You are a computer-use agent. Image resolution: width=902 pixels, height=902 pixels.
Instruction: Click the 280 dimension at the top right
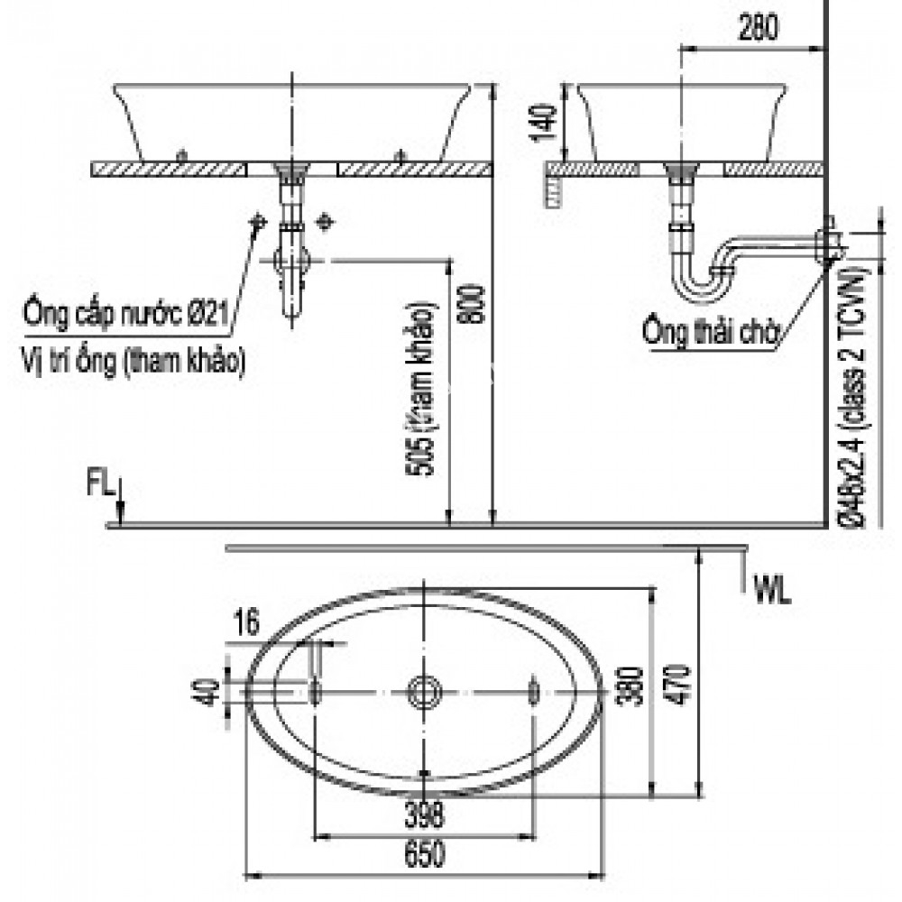coord(757,30)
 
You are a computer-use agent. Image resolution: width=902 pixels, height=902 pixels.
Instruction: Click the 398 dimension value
coord(423,816)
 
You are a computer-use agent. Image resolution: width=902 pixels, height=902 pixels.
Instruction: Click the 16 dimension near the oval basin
coord(244,621)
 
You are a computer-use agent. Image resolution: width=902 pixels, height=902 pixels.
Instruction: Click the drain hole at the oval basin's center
coord(424,692)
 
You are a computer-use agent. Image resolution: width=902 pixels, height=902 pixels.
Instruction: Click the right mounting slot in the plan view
coord(533,692)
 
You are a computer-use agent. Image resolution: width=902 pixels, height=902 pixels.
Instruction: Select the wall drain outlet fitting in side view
coord(827,242)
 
